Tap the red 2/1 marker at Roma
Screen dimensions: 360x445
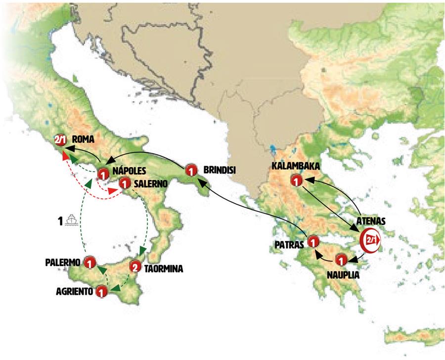point(60,140)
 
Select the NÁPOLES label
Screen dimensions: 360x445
point(129,171)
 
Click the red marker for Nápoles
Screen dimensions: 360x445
point(103,174)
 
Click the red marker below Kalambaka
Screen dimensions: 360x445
point(296,181)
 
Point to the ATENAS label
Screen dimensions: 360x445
point(372,222)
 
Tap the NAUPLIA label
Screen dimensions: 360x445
point(341,272)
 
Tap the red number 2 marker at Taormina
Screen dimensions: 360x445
point(135,267)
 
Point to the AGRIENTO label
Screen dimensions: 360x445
point(74,291)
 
